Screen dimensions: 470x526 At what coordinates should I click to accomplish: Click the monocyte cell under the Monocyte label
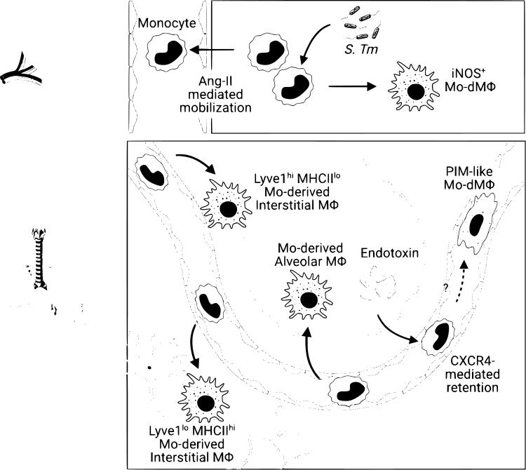167,53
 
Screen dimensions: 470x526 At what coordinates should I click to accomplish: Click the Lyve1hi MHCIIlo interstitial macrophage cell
227,209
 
